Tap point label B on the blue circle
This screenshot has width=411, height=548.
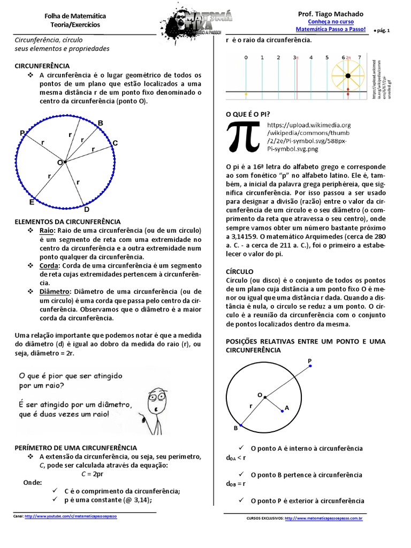coord(100,124)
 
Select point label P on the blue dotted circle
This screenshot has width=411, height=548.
coord(22,133)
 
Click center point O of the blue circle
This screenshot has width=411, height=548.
coord(65,161)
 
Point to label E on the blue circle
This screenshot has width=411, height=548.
coord(32,202)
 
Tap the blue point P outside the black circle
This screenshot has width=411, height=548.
coord(310,367)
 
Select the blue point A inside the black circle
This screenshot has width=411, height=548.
coord(282,411)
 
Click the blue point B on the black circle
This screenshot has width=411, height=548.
coord(240,425)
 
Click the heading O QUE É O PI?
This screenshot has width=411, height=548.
coord(248,115)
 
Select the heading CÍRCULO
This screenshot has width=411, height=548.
coord(240,272)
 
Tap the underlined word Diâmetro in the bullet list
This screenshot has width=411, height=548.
coord(55,291)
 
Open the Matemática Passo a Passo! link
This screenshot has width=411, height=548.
coord(330,29)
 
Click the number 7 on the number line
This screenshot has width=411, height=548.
coord(359,57)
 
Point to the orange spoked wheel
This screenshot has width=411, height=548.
coord(348,75)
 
